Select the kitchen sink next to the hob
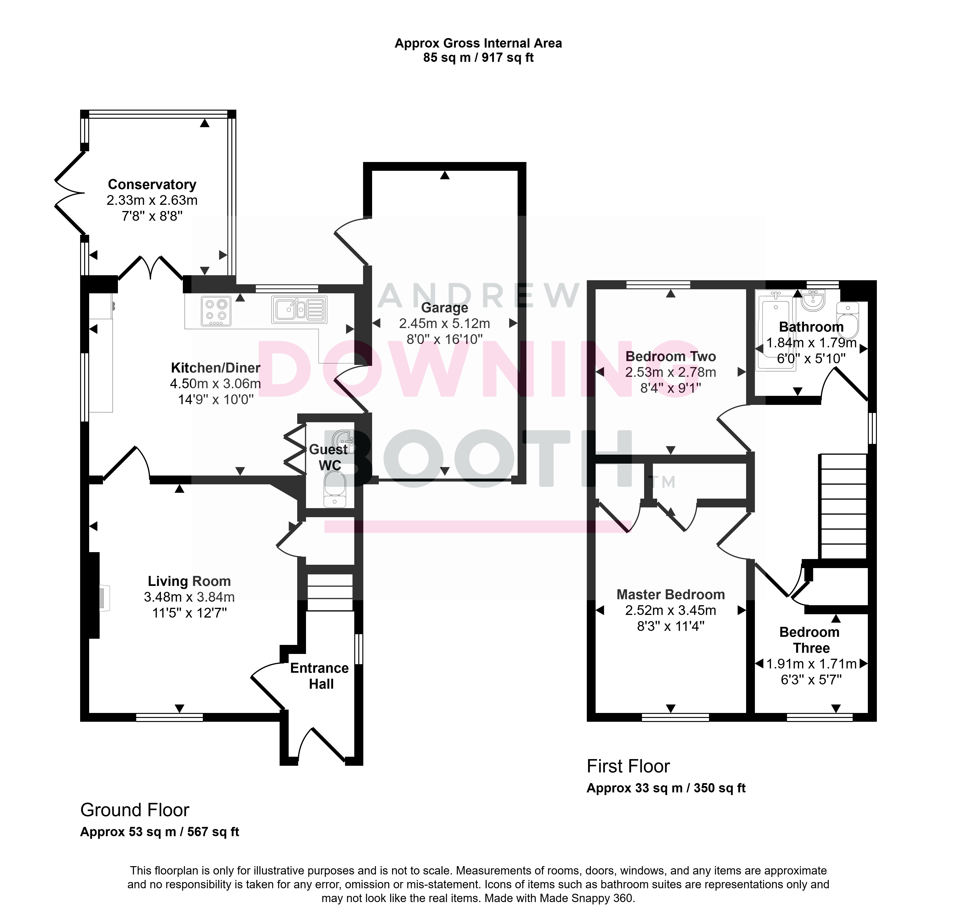point(299,310)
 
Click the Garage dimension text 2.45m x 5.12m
point(444,324)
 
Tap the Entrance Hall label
point(320,676)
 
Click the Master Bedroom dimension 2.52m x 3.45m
point(671,610)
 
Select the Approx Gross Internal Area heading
point(478,44)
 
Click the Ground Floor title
point(135,810)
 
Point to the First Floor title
point(628,766)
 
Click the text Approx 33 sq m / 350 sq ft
point(666,788)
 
